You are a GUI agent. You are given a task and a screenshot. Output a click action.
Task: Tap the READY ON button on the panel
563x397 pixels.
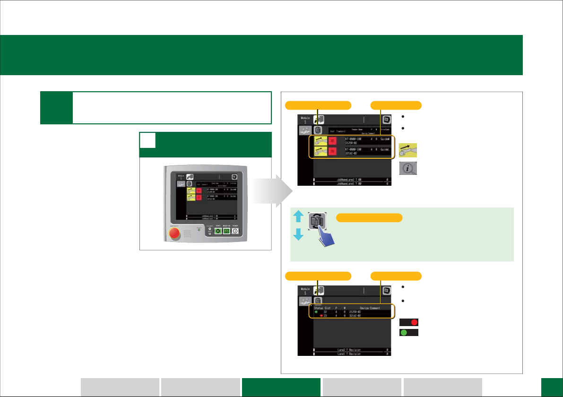(226, 232)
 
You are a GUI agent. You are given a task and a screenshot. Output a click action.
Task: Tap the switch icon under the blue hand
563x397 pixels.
(316, 220)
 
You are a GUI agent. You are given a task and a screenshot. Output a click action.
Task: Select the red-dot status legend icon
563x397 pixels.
(409, 322)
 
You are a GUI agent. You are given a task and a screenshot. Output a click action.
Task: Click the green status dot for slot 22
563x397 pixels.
(315, 311)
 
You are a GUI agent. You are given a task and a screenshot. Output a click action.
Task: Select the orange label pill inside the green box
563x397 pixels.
(369, 217)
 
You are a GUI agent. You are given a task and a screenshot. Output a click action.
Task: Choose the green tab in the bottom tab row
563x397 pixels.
(281, 387)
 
